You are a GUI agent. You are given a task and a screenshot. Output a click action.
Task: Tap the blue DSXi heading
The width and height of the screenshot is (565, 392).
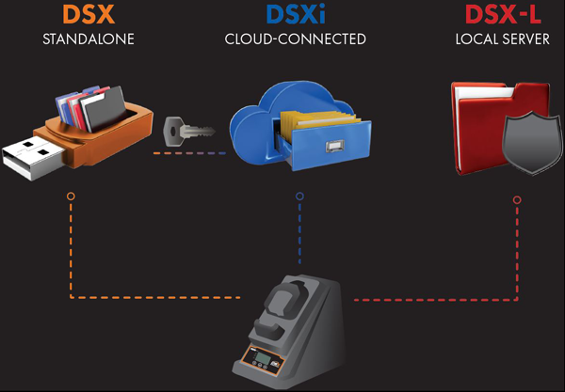(295, 16)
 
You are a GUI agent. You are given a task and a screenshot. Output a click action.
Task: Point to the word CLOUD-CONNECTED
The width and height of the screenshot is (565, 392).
(295, 39)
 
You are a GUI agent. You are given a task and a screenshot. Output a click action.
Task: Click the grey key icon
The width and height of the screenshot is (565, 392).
(183, 133)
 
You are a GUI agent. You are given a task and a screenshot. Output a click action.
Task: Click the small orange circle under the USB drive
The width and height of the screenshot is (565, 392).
(72, 198)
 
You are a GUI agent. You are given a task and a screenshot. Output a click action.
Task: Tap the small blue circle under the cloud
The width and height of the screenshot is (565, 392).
(299, 197)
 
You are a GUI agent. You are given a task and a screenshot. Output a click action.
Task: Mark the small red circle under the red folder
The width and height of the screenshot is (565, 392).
(516, 199)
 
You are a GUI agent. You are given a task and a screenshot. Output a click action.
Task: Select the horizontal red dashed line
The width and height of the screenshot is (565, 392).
(433, 300)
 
